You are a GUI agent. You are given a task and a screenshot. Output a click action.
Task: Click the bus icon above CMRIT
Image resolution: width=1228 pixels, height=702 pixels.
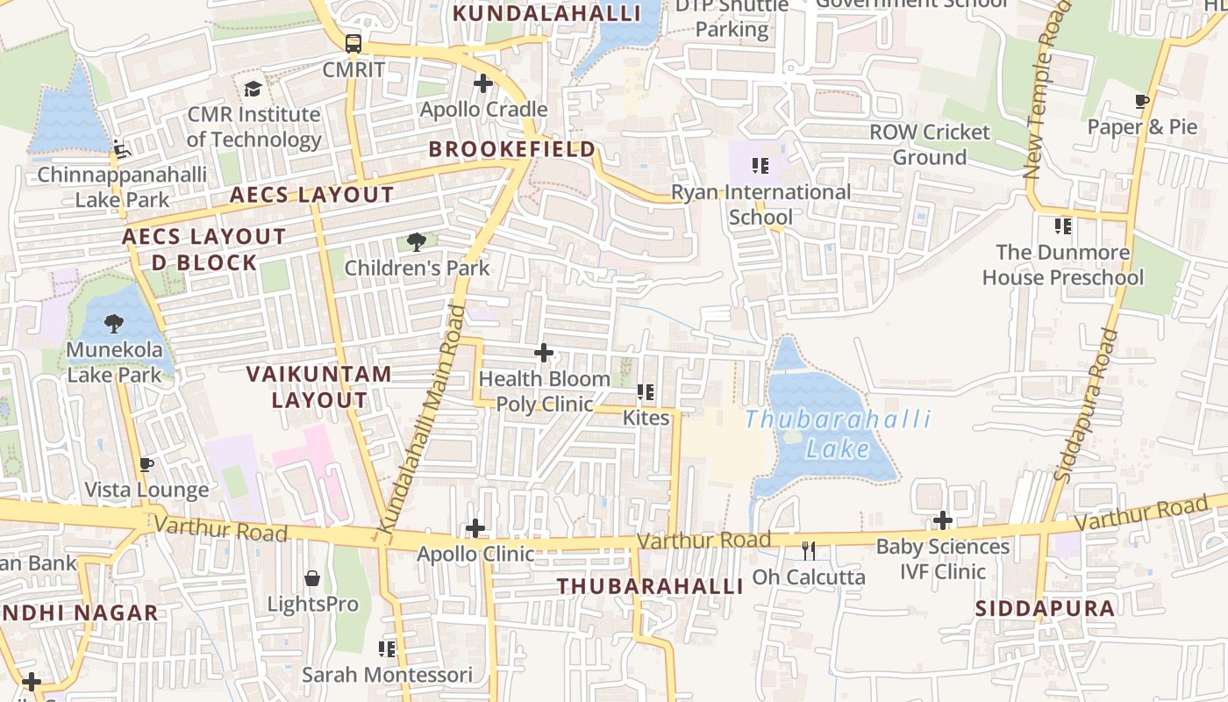(353, 43)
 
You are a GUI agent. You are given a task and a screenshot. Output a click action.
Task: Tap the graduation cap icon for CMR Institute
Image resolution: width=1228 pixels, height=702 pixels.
(253, 89)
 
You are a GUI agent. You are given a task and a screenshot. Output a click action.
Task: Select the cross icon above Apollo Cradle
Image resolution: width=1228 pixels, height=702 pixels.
(482, 83)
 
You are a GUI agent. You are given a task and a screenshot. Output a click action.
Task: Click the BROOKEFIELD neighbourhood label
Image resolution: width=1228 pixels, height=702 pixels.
(512, 149)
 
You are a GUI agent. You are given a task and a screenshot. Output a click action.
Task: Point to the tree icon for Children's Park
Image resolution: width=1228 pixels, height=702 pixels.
(417, 241)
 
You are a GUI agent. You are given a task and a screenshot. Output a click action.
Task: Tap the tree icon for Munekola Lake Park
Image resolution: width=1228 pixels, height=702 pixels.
(113, 324)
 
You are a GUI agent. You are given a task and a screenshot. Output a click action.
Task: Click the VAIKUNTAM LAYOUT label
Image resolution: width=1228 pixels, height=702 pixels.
(319, 387)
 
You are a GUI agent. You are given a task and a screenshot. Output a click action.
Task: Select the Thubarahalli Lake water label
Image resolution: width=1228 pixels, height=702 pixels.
(838, 434)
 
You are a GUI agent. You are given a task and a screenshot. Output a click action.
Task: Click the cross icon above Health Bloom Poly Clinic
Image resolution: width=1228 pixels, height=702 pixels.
(544, 353)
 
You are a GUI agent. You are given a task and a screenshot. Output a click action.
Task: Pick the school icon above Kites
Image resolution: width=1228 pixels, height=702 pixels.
(646, 392)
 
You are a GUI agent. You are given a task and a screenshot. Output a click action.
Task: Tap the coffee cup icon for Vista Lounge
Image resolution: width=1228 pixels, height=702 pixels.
(146, 464)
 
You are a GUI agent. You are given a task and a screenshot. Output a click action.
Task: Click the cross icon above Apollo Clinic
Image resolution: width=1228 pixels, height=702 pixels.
(475, 528)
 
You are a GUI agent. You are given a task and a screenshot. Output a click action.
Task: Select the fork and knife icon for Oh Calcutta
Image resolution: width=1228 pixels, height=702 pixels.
(809, 551)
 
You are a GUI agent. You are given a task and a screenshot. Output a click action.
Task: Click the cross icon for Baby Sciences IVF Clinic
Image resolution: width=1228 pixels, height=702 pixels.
(943, 520)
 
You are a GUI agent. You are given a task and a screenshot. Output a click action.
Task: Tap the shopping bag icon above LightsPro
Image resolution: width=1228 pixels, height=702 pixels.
(312, 578)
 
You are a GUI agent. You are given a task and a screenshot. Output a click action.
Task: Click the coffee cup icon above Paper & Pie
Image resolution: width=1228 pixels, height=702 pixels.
(1142, 102)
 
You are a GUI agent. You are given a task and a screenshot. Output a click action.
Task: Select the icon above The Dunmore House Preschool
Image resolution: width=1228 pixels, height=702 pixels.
(1063, 226)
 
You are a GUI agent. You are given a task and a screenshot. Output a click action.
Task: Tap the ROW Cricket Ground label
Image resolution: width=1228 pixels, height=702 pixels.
(930, 145)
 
